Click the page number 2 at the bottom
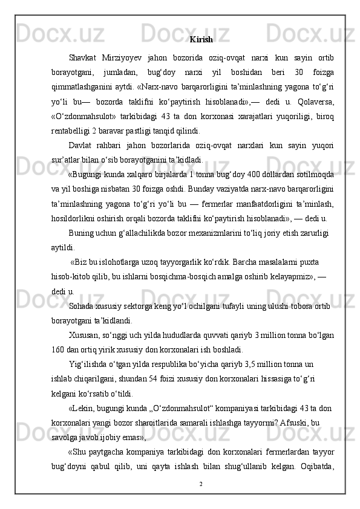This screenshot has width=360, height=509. click(201, 483)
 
